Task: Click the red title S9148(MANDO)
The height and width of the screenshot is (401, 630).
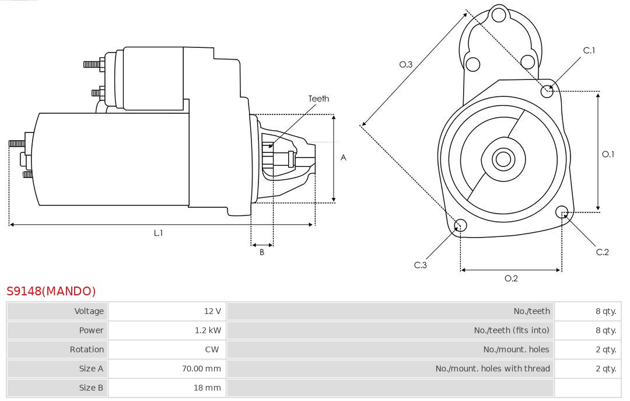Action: pos(51,291)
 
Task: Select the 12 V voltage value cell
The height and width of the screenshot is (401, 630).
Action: pos(212,311)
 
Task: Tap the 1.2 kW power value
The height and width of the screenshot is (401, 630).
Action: pos(208,330)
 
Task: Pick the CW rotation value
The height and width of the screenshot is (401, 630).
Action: pos(212,350)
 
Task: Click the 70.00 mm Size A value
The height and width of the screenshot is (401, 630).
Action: pos(201,369)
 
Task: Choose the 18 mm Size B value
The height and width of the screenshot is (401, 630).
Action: pos(207,388)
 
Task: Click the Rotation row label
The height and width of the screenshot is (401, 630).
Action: pos(86,350)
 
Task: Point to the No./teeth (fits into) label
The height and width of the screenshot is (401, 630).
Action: pos(511,330)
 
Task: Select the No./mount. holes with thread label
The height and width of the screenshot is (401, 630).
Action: pos(492,369)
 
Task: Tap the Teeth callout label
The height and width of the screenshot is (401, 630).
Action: pos(318,99)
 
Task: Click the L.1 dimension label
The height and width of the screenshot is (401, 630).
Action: pos(158,233)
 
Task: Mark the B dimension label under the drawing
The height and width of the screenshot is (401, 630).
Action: pos(262,253)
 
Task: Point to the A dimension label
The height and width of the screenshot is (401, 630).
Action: pos(344,158)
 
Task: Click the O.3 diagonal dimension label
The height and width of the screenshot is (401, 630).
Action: pos(406,65)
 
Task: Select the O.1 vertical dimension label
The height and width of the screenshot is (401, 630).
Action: pos(608,154)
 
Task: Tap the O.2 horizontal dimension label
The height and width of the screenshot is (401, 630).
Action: pos(511,278)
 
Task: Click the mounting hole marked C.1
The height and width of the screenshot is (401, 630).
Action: pos(547,90)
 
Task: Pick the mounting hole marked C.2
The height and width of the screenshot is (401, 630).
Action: pos(562,211)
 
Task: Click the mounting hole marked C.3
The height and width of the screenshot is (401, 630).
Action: pos(460,226)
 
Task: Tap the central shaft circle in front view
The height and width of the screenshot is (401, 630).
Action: pos(502,159)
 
